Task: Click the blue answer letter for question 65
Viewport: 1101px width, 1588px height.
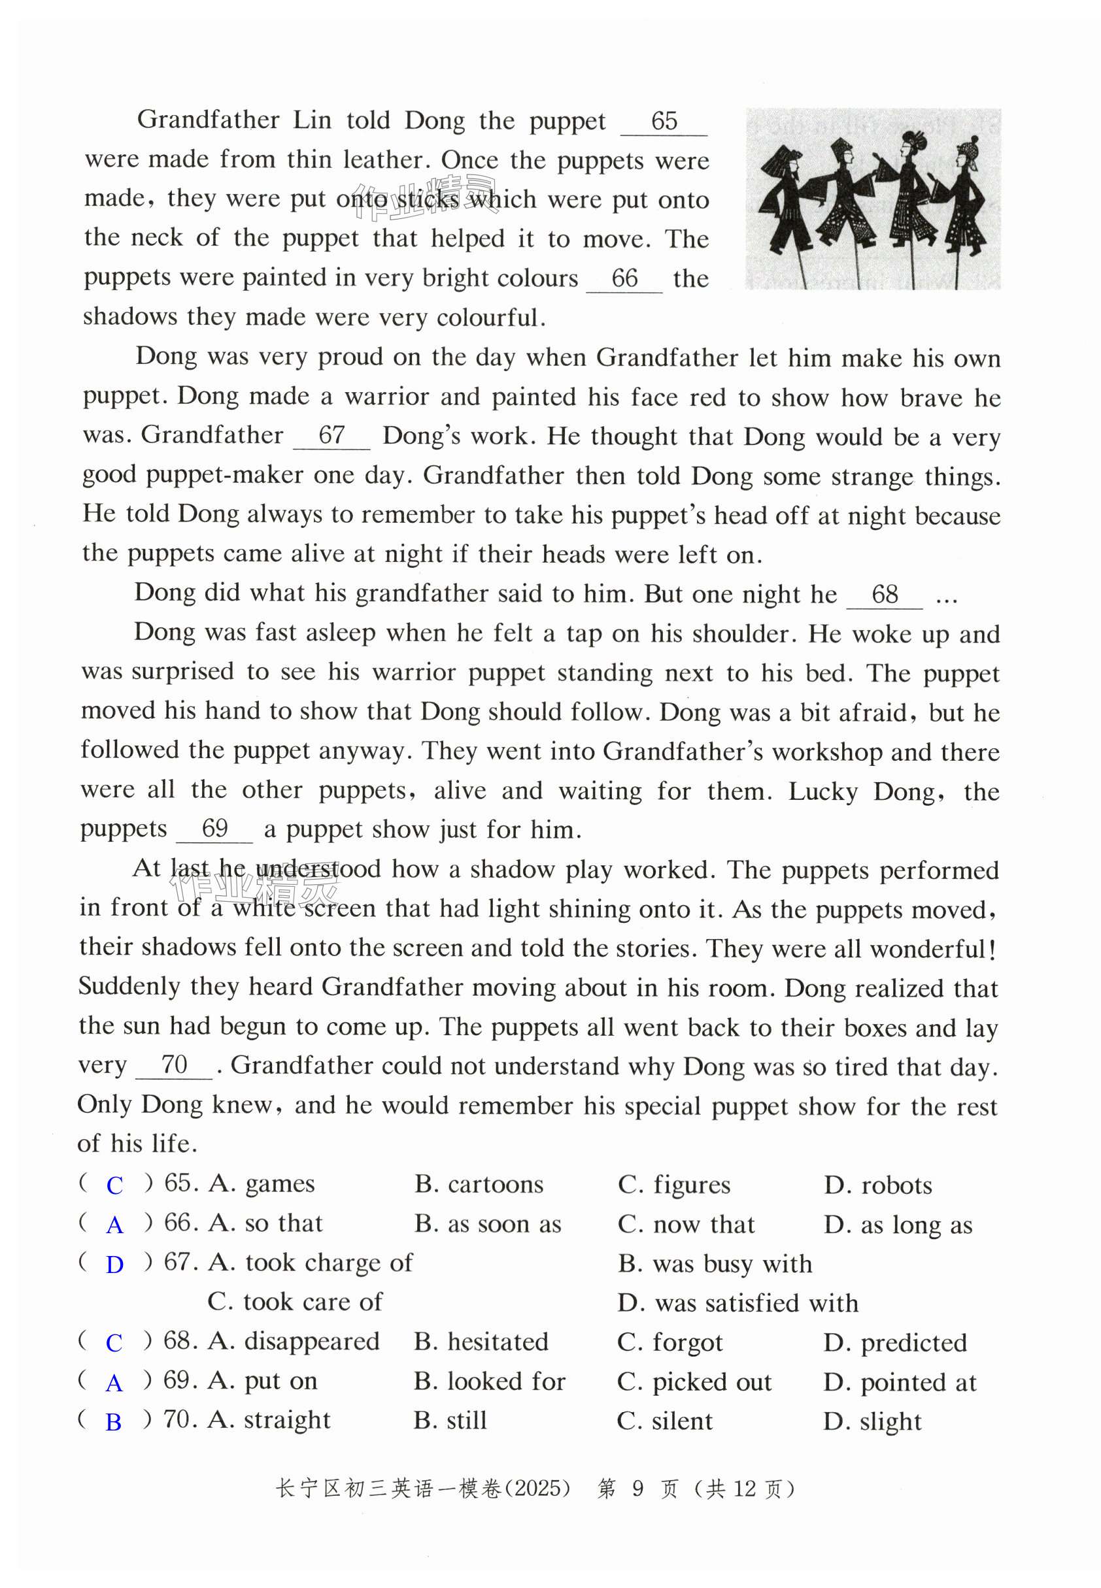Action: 114,1185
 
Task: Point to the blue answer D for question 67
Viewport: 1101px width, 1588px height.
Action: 114,1264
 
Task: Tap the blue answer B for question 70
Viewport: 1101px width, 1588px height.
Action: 114,1422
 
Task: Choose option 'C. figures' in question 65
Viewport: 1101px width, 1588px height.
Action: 674,1185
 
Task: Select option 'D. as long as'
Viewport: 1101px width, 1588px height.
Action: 898,1225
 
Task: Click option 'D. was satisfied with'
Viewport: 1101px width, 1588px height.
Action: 738,1303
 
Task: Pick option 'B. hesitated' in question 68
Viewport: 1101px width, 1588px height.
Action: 481,1342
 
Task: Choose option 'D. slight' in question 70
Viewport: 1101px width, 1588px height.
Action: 873,1421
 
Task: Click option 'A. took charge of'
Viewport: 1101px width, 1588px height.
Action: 311,1263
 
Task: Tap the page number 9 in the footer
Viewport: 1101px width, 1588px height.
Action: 637,1489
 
